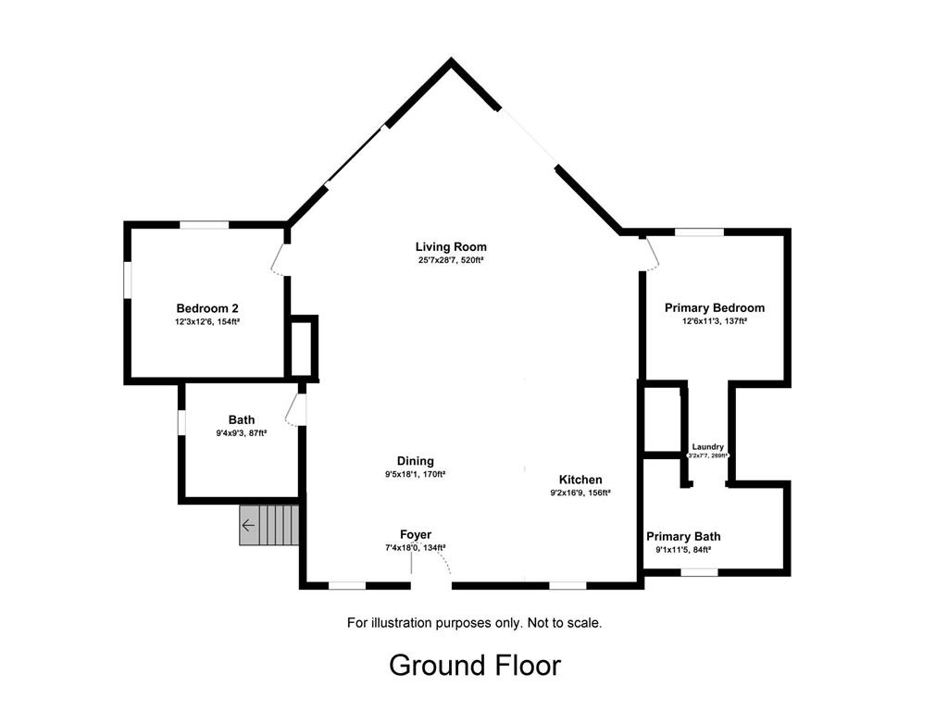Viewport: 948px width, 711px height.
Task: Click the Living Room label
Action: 451,246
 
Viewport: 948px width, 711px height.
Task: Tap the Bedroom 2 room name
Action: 207,308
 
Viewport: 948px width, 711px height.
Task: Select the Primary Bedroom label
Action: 715,307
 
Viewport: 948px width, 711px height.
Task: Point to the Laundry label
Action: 708,447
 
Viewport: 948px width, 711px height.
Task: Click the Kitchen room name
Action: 580,480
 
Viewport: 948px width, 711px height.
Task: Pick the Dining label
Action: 416,461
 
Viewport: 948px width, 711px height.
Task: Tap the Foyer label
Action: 416,534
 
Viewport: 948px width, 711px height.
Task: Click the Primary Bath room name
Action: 683,536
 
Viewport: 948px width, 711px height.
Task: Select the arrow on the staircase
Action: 248,526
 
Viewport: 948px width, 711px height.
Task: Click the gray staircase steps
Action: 269,526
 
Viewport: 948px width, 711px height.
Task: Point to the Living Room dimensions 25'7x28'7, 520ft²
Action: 451,260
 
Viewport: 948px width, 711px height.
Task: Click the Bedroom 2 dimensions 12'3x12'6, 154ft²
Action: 207,322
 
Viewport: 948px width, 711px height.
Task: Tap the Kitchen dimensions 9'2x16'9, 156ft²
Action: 580,493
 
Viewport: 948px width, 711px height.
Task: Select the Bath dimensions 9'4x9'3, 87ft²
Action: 242,433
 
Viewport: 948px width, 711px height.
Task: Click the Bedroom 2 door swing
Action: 278,260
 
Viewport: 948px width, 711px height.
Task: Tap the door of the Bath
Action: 293,410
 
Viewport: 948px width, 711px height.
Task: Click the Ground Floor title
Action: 475,666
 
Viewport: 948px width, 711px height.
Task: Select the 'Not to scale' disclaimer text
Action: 565,623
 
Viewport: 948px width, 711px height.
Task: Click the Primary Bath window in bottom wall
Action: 700,572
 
